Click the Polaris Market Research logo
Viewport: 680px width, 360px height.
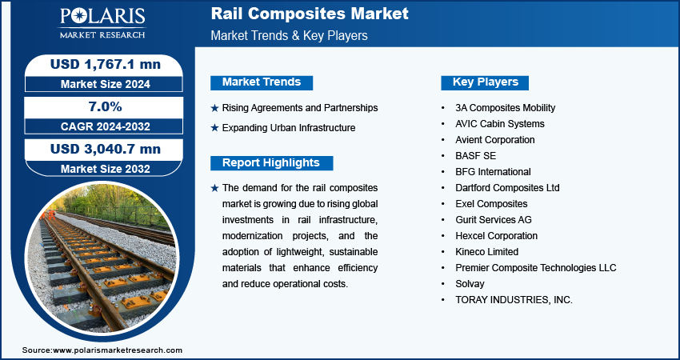[102, 22]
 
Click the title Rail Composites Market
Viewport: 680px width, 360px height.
[310, 14]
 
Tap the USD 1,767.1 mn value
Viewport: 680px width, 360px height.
[106, 64]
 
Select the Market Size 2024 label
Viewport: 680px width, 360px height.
[106, 84]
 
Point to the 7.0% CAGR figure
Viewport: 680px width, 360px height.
[106, 106]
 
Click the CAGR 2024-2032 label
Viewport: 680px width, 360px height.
[106, 126]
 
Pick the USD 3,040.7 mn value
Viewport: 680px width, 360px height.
[106, 149]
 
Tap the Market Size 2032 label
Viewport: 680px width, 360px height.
[106, 169]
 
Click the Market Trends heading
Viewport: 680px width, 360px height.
[262, 82]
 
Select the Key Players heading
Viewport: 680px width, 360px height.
[485, 82]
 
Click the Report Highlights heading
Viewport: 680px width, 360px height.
[271, 163]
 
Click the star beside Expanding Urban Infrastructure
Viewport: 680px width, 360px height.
[214, 128]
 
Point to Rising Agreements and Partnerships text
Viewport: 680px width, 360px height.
[300, 107]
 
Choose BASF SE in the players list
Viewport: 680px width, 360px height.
[475, 156]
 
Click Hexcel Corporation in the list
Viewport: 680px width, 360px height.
[497, 236]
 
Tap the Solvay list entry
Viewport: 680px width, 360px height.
[470, 284]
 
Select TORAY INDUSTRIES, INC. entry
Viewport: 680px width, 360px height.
[514, 300]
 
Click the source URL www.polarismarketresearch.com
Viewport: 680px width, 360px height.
[118, 350]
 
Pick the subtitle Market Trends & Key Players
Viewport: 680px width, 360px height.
[290, 35]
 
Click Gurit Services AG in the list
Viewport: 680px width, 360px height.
[494, 220]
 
